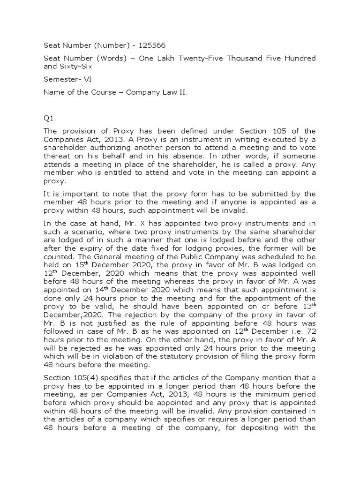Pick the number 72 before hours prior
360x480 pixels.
coord(309,330)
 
